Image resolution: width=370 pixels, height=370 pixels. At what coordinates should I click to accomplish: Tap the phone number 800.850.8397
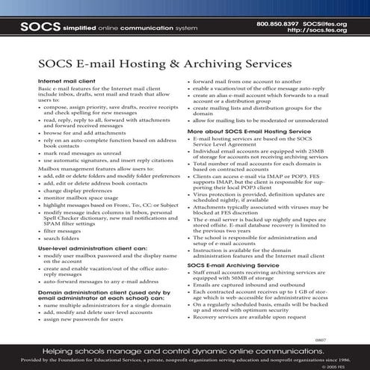(277, 23)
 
